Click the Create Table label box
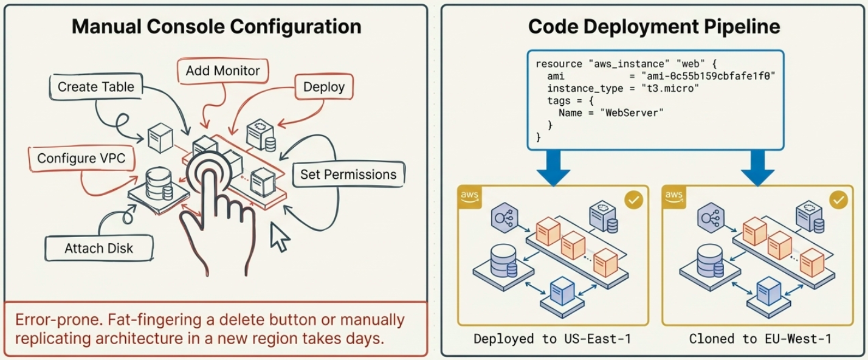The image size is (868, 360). pyautogui.click(x=95, y=87)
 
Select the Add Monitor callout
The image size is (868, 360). pyautogui.click(x=222, y=71)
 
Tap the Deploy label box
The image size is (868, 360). pyautogui.click(x=323, y=87)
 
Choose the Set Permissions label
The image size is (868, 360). pyautogui.click(x=348, y=175)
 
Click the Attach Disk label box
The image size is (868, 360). pyautogui.click(x=98, y=248)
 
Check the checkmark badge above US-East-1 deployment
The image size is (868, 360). pyautogui.click(x=634, y=200)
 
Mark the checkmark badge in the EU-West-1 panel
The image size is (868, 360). pyautogui.click(x=838, y=200)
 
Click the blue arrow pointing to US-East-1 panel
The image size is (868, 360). pyautogui.click(x=554, y=167)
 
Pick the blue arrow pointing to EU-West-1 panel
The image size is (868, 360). pyautogui.click(x=757, y=167)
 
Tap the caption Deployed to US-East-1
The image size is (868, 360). pyautogui.click(x=552, y=339)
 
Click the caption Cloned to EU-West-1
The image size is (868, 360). pyautogui.click(x=760, y=339)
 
